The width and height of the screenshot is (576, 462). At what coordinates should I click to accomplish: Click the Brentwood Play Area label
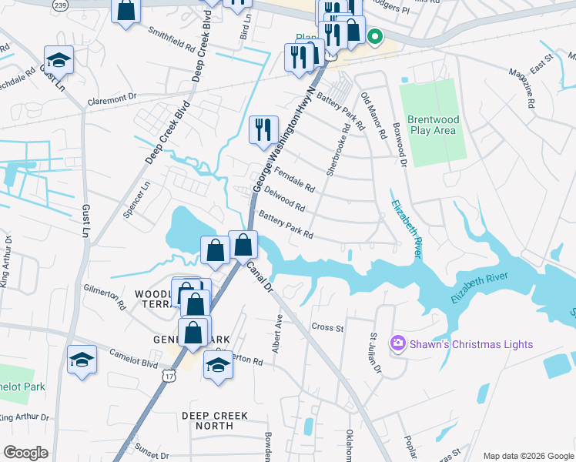click(x=433, y=125)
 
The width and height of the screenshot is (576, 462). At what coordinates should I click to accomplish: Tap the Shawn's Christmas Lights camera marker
click(x=398, y=343)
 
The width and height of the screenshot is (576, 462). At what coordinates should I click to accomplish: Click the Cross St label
click(x=327, y=327)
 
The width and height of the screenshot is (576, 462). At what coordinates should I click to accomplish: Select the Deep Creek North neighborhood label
click(x=215, y=420)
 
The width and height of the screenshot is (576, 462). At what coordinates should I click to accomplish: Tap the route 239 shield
click(x=59, y=5)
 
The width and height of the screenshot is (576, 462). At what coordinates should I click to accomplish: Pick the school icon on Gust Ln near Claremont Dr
click(x=59, y=59)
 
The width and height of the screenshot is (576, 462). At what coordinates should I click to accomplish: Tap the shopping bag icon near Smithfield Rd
click(x=126, y=11)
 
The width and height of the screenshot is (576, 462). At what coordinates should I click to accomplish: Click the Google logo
click(x=25, y=453)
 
